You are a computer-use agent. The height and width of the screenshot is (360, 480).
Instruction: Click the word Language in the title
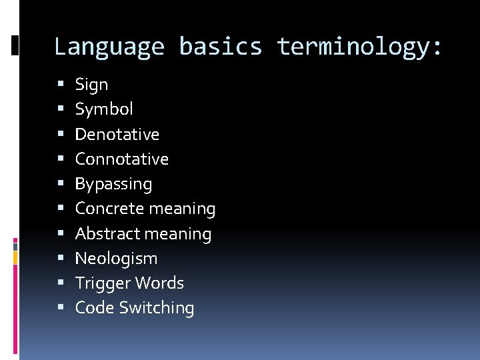point(109,47)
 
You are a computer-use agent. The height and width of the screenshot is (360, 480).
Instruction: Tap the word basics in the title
point(220,47)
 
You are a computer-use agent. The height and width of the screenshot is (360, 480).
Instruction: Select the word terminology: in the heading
point(359,47)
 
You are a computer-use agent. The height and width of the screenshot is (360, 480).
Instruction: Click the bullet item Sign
point(91,85)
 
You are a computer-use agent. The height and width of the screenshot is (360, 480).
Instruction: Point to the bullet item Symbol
point(104,109)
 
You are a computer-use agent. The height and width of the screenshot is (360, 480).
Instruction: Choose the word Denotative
point(117,134)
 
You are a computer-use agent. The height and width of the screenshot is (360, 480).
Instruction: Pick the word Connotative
point(121,159)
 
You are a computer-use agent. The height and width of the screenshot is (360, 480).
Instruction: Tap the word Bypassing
point(113,184)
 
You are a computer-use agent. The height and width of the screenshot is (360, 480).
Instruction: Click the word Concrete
point(107,209)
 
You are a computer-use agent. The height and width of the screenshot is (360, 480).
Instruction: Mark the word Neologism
point(116,258)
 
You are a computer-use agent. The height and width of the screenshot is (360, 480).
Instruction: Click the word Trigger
point(101,283)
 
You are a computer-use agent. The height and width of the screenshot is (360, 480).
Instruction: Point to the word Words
point(157,283)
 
